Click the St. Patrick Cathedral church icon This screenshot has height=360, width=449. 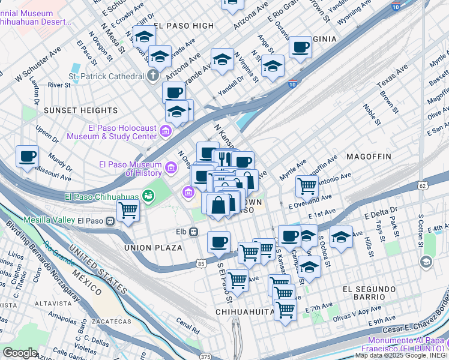pyautogui.click(x=153, y=76)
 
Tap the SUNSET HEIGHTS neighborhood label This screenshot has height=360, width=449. pyautogui.click(x=80, y=110)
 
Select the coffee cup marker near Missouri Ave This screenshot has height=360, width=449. pyautogui.click(x=27, y=157)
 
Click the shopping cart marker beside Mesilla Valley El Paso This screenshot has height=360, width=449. pyautogui.click(x=128, y=211)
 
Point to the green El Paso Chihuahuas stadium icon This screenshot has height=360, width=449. pyautogui.click(x=147, y=196)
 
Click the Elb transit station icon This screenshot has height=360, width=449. pyautogui.click(x=194, y=232)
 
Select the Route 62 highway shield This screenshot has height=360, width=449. pyautogui.click(x=423, y=186)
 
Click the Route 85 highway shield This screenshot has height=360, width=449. pyautogui.click(x=200, y=263)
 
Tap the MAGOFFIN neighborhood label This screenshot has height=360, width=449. pyautogui.click(x=368, y=157)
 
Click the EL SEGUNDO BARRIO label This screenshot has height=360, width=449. pyautogui.click(x=364, y=293)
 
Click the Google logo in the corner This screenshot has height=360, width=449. pyautogui.click(x=20, y=353)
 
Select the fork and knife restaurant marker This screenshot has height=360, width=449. pyautogui.click(x=224, y=158)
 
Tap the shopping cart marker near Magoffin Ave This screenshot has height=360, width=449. pyautogui.click(x=307, y=186)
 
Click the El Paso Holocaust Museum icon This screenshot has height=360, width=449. pyautogui.click(x=166, y=131)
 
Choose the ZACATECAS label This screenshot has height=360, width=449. pyautogui.click(x=110, y=322)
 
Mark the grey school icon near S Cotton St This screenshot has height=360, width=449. pyautogui.click(x=426, y=262)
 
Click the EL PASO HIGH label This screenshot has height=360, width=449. pyautogui.click(x=184, y=26)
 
